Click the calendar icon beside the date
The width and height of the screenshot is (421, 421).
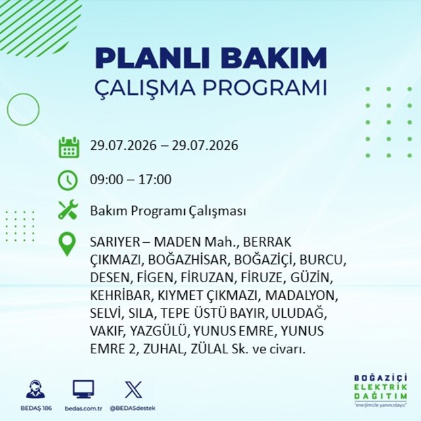(68, 147)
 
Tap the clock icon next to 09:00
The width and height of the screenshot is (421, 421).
(68, 180)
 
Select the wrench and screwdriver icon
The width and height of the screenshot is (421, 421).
(68, 210)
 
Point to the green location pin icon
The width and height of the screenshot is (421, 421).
(67, 244)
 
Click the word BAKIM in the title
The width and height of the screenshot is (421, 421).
(274, 59)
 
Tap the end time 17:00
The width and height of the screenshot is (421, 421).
(155, 180)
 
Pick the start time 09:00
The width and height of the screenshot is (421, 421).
(107, 180)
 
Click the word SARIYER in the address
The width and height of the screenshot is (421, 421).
(115, 242)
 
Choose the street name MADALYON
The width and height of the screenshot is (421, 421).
(301, 295)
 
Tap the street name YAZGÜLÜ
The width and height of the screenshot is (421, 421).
(159, 331)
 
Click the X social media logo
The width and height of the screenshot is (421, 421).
(134, 389)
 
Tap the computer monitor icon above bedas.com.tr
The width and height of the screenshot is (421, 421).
(84, 389)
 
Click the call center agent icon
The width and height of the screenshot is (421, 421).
(36, 389)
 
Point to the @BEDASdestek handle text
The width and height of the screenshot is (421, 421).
(132, 408)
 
